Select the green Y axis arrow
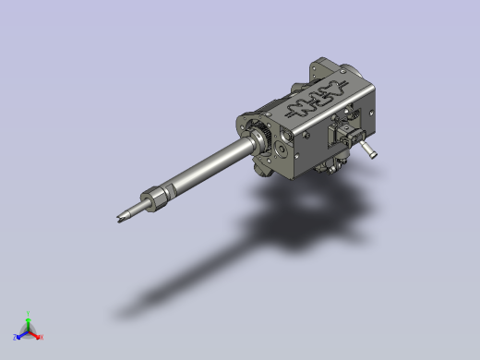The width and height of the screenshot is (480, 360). (x=28, y=319)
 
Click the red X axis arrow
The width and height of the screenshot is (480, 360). (x=36, y=335)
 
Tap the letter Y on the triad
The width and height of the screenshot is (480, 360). (x=28, y=313)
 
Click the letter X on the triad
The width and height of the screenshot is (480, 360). (x=42, y=338)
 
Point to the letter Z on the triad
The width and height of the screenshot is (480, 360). (x=15, y=338)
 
